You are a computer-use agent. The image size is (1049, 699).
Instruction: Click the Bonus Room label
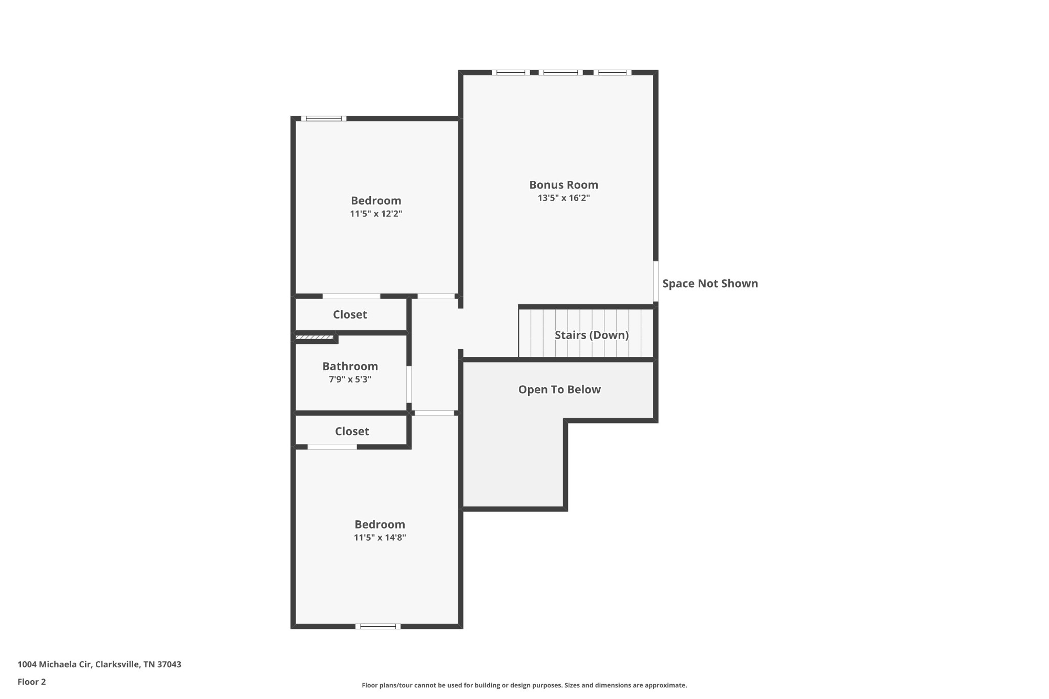click(x=563, y=185)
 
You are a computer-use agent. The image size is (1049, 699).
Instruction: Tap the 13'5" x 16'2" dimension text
click(x=563, y=198)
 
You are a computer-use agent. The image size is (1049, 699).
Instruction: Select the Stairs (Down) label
click(x=592, y=335)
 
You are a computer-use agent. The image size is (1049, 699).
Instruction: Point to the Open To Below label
click(x=559, y=390)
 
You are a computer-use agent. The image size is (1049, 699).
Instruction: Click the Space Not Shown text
click(x=710, y=284)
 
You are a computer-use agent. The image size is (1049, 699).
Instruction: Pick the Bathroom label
click(x=350, y=366)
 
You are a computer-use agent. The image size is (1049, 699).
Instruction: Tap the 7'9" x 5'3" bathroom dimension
click(x=350, y=379)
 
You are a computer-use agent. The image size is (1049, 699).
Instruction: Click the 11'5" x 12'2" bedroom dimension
click(x=376, y=214)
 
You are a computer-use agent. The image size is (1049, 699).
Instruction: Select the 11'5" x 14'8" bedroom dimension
click(x=380, y=538)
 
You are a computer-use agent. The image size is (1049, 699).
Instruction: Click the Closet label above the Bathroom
click(x=350, y=314)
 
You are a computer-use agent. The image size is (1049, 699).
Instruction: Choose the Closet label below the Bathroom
click(x=352, y=431)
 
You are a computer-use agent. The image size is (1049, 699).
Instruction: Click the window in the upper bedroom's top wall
click(x=324, y=118)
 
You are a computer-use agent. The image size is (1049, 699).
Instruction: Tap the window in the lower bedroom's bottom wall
click(x=378, y=626)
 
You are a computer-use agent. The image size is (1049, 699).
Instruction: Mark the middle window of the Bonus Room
click(x=560, y=72)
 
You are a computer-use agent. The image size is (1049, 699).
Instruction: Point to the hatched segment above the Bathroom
click(x=314, y=337)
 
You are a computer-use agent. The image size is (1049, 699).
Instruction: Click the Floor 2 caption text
click(x=32, y=682)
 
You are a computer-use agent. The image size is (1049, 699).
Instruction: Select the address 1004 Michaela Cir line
click(x=99, y=664)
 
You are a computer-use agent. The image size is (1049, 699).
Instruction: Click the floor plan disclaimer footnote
click(x=524, y=685)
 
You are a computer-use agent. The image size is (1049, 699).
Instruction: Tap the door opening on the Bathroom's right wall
click(x=409, y=384)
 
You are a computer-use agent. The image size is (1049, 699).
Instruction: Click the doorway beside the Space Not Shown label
click(x=656, y=281)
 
